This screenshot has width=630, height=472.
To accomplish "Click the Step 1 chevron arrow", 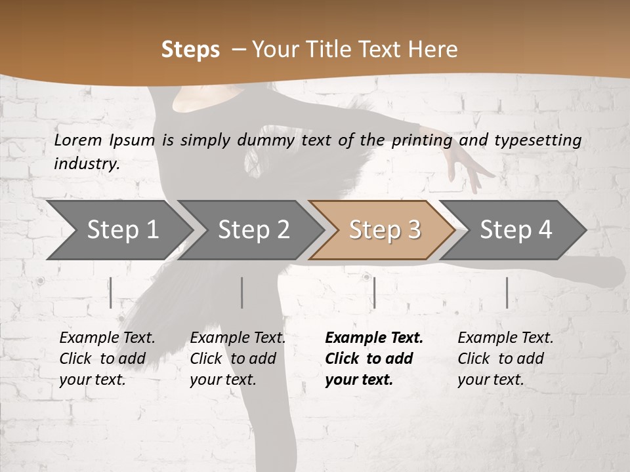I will pos(121,230).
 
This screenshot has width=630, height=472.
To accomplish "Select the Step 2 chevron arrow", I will pos(253,230).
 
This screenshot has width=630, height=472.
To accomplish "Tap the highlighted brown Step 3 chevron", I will pos(384,230).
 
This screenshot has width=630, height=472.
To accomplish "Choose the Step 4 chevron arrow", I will pos(515,230).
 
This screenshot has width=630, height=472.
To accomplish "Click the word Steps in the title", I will pos(190,50).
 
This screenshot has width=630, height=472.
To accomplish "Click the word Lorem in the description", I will pos(78,140).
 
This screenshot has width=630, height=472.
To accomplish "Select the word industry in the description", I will pos(86,163).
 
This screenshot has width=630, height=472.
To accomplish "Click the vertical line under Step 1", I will pos(111,292).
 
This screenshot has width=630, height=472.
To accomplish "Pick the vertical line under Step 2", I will pos(242,292).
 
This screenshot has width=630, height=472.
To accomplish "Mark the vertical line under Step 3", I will pos(374,292).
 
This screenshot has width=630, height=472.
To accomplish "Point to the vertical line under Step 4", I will pos(507,292).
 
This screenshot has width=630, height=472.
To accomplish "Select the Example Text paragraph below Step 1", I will pos(107,359).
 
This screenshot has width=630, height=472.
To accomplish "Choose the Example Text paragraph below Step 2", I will pos(238,359).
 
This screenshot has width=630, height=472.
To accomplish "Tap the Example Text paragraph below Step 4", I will pos(505,359).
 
